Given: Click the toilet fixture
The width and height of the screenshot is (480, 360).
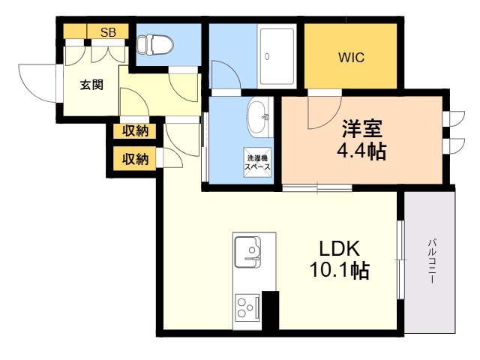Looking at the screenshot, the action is click(154, 45).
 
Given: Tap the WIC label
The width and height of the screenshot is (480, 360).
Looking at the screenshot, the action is click(351, 57).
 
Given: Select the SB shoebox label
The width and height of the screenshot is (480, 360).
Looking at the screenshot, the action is click(108, 32).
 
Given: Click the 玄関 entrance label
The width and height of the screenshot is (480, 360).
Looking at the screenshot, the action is click(91, 85).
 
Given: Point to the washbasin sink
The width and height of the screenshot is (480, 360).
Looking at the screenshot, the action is click(258, 117).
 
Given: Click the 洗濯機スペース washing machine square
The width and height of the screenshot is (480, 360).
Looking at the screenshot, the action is click(257, 162).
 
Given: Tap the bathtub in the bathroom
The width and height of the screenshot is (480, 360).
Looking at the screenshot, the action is click(277, 57).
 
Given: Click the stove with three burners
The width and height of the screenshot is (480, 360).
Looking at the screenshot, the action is click(247, 307).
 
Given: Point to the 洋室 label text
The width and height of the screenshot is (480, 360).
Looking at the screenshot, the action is click(362, 128).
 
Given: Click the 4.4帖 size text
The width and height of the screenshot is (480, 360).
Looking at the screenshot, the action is click(361, 151).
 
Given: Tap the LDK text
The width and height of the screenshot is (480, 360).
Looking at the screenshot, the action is click(339, 248).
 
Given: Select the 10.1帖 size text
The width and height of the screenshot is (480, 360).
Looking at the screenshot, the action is click(339, 270).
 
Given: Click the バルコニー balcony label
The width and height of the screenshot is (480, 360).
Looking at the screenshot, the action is click(432, 261).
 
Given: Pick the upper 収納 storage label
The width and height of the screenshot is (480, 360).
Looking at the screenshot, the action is click(135, 131).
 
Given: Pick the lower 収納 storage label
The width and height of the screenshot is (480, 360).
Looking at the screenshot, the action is click(135, 159).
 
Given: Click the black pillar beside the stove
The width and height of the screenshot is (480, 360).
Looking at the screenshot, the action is click(270, 310).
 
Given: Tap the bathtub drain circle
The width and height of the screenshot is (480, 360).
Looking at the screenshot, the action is click(267, 57).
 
